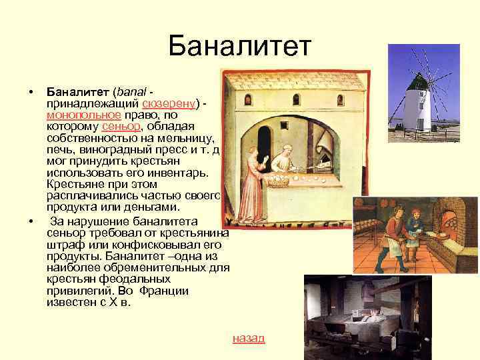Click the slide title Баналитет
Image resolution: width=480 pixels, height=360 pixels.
(240, 47)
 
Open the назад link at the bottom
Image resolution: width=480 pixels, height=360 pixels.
(249, 338)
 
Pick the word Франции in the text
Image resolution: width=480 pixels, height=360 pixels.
(167, 291)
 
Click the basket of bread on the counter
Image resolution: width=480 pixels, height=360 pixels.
(277, 179)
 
